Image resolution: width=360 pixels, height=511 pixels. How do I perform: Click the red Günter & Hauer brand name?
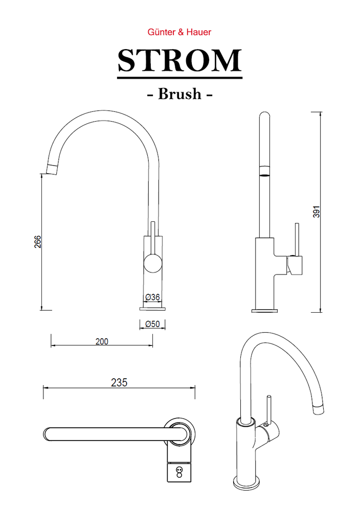point(179,32)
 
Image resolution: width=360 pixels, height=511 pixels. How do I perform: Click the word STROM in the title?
point(179,61)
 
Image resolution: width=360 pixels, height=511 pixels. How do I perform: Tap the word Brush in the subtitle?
point(179,94)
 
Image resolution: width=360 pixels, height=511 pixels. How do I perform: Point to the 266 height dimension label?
point(38,242)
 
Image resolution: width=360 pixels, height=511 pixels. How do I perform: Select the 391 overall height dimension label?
point(317,212)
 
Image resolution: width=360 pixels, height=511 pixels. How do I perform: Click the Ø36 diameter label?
point(152,297)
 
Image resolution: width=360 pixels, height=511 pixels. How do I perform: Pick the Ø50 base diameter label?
point(152,324)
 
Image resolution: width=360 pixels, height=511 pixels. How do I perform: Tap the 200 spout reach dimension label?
point(102,341)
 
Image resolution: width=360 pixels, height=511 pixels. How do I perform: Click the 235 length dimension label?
point(119,382)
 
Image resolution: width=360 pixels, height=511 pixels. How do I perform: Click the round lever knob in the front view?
point(152,264)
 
